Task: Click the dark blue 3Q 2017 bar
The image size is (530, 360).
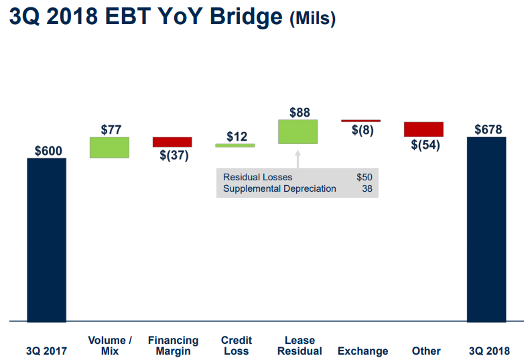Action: (x=47, y=239)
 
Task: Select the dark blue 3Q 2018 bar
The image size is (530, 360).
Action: (x=486, y=229)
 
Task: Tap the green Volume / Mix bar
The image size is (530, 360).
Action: (x=109, y=147)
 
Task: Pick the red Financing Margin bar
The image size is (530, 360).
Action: (x=172, y=142)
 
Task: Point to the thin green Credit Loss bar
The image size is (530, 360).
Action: (x=235, y=145)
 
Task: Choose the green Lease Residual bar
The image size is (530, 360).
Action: (x=298, y=131)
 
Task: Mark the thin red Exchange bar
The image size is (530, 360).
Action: (x=360, y=121)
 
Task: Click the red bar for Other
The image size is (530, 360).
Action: (x=423, y=129)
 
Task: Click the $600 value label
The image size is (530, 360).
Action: (x=48, y=151)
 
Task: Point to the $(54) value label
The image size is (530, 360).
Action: (x=425, y=145)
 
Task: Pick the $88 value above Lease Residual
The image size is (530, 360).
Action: (x=300, y=113)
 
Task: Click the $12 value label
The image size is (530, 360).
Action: (x=237, y=137)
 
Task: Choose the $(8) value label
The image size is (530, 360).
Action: (x=362, y=130)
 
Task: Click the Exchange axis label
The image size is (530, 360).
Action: (x=362, y=351)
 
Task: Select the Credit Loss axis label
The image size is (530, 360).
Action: (x=237, y=346)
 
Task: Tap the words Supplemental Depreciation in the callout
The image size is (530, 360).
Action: (x=279, y=188)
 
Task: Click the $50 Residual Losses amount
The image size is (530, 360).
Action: (x=365, y=177)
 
